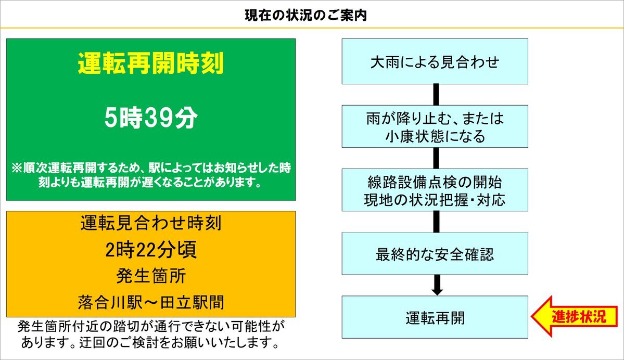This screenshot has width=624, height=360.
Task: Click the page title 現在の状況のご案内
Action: (305, 16)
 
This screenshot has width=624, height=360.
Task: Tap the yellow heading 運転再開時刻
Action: (151, 63)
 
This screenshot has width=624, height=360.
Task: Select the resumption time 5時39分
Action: (151, 118)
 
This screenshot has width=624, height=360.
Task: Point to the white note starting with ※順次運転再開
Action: (151, 175)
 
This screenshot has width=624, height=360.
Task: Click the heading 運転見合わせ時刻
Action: (151, 223)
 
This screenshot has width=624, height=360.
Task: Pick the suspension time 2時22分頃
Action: (151, 250)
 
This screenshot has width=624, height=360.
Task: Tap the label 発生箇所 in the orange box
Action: (151, 276)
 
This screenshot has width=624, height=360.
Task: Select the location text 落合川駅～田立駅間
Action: (151, 302)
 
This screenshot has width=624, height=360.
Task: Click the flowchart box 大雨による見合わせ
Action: (435, 61)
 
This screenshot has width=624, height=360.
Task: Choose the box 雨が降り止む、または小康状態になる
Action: (435, 126)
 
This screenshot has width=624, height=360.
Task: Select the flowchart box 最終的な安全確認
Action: (435, 254)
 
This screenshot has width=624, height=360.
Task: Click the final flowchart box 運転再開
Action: (435, 317)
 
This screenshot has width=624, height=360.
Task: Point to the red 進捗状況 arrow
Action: (574, 317)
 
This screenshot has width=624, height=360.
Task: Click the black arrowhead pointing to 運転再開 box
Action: (437, 291)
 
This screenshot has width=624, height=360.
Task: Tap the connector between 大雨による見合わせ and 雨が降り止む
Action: (436, 95)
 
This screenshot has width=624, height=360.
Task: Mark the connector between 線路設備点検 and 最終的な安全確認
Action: (436, 222)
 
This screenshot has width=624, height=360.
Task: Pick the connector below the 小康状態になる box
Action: (436, 158)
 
